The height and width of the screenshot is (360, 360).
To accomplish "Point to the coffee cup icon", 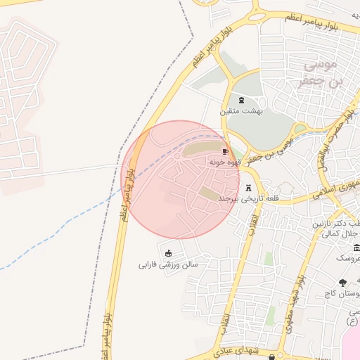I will (226, 151).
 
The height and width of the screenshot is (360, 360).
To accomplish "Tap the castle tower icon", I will (249, 188).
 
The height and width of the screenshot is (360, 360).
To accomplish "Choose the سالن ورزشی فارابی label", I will (168, 265).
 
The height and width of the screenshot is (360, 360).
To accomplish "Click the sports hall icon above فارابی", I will (168, 254).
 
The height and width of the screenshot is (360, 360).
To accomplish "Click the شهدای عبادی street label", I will (236, 349).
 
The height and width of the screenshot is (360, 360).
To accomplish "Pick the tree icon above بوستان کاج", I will (342, 283).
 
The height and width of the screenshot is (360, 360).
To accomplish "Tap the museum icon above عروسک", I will (357, 247).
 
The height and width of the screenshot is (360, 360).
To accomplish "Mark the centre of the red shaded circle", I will (181, 180).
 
